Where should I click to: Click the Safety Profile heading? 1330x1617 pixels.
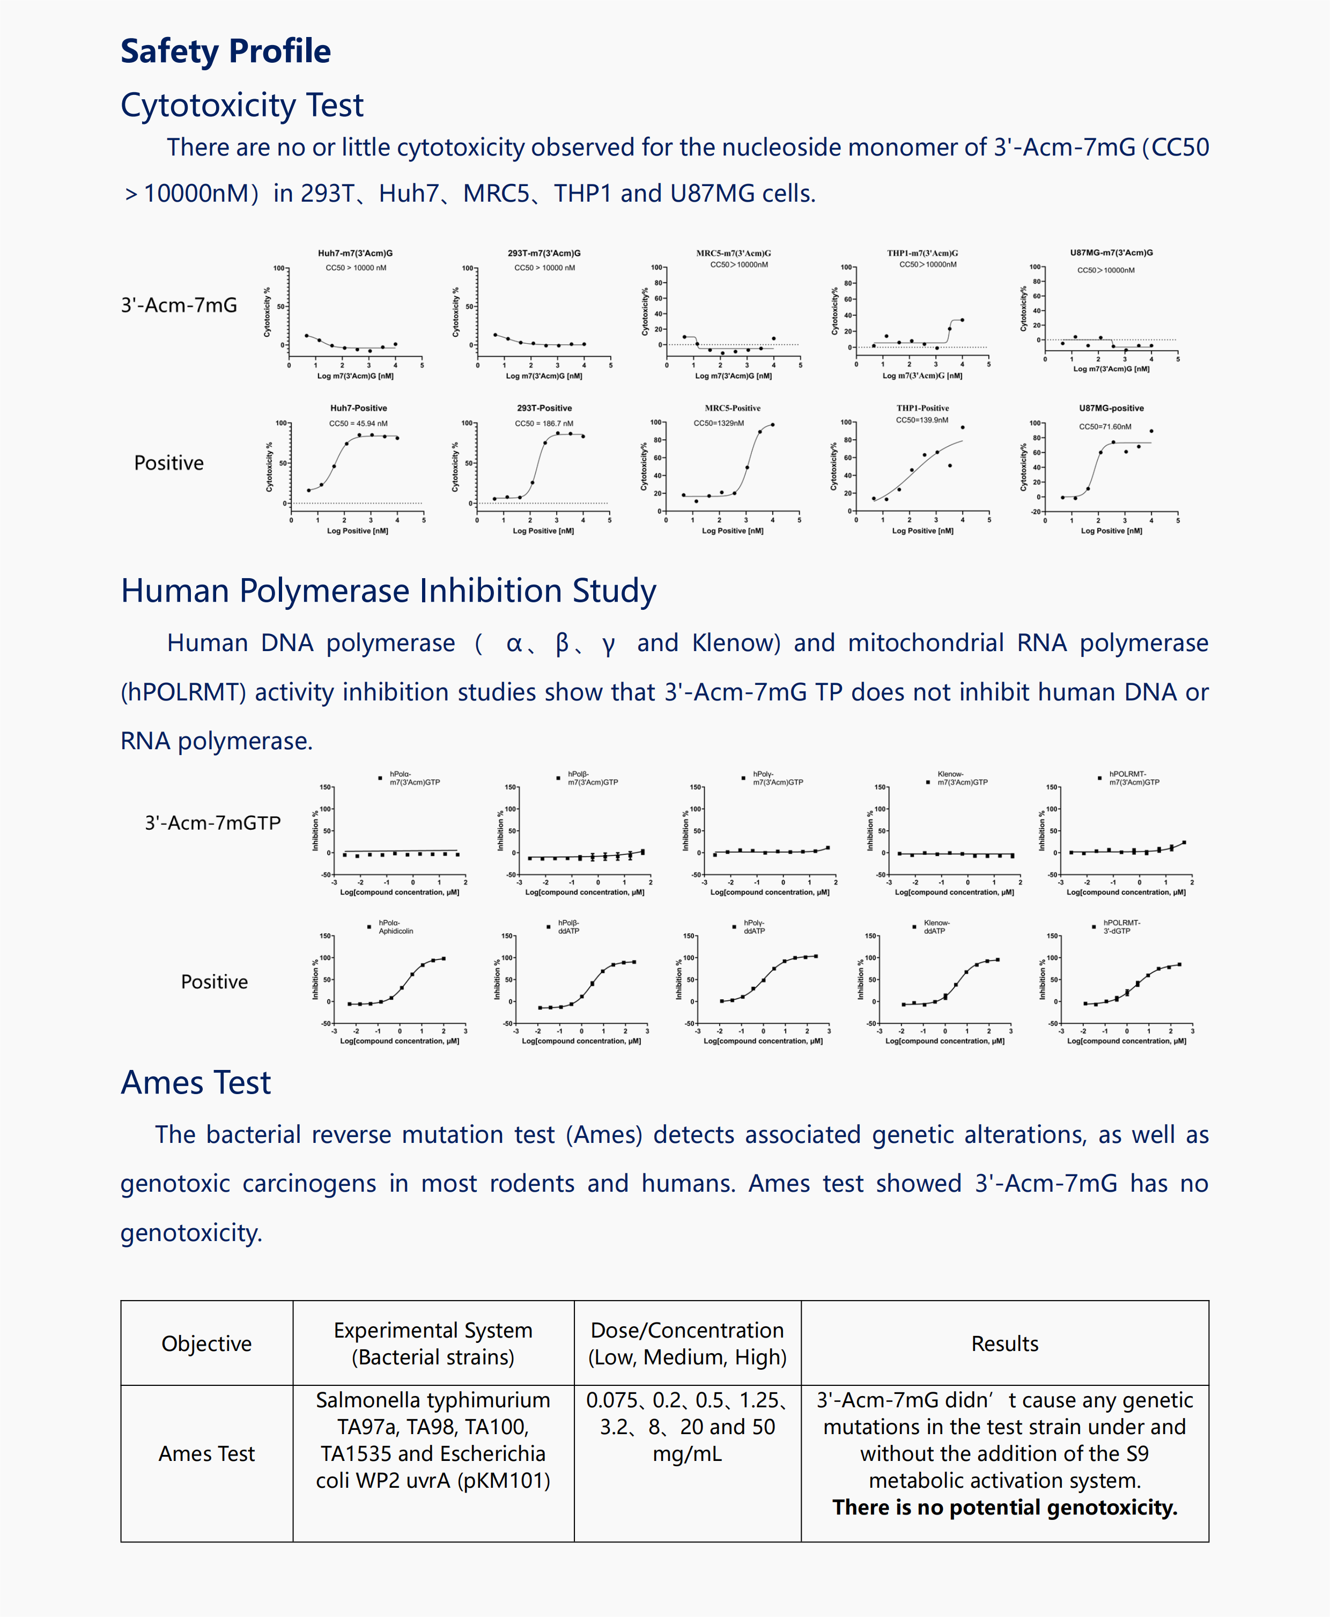point(225,51)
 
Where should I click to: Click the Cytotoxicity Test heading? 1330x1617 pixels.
point(242,105)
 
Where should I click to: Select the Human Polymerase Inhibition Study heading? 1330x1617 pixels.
point(388,590)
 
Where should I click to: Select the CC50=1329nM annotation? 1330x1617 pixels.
point(718,423)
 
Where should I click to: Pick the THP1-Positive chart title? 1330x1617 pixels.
point(922,408)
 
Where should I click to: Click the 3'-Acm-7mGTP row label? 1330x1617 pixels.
point(212,823)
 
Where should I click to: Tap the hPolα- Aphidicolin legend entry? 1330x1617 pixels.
point(395,927)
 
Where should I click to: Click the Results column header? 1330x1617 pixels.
point(1004,1343)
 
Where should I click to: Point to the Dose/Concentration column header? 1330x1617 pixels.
point(687,1343)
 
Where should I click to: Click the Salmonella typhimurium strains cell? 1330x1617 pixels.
point(433,1440)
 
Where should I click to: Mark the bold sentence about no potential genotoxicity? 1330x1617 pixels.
point(1004,1508)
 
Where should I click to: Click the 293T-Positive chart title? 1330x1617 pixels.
point(544,408)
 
